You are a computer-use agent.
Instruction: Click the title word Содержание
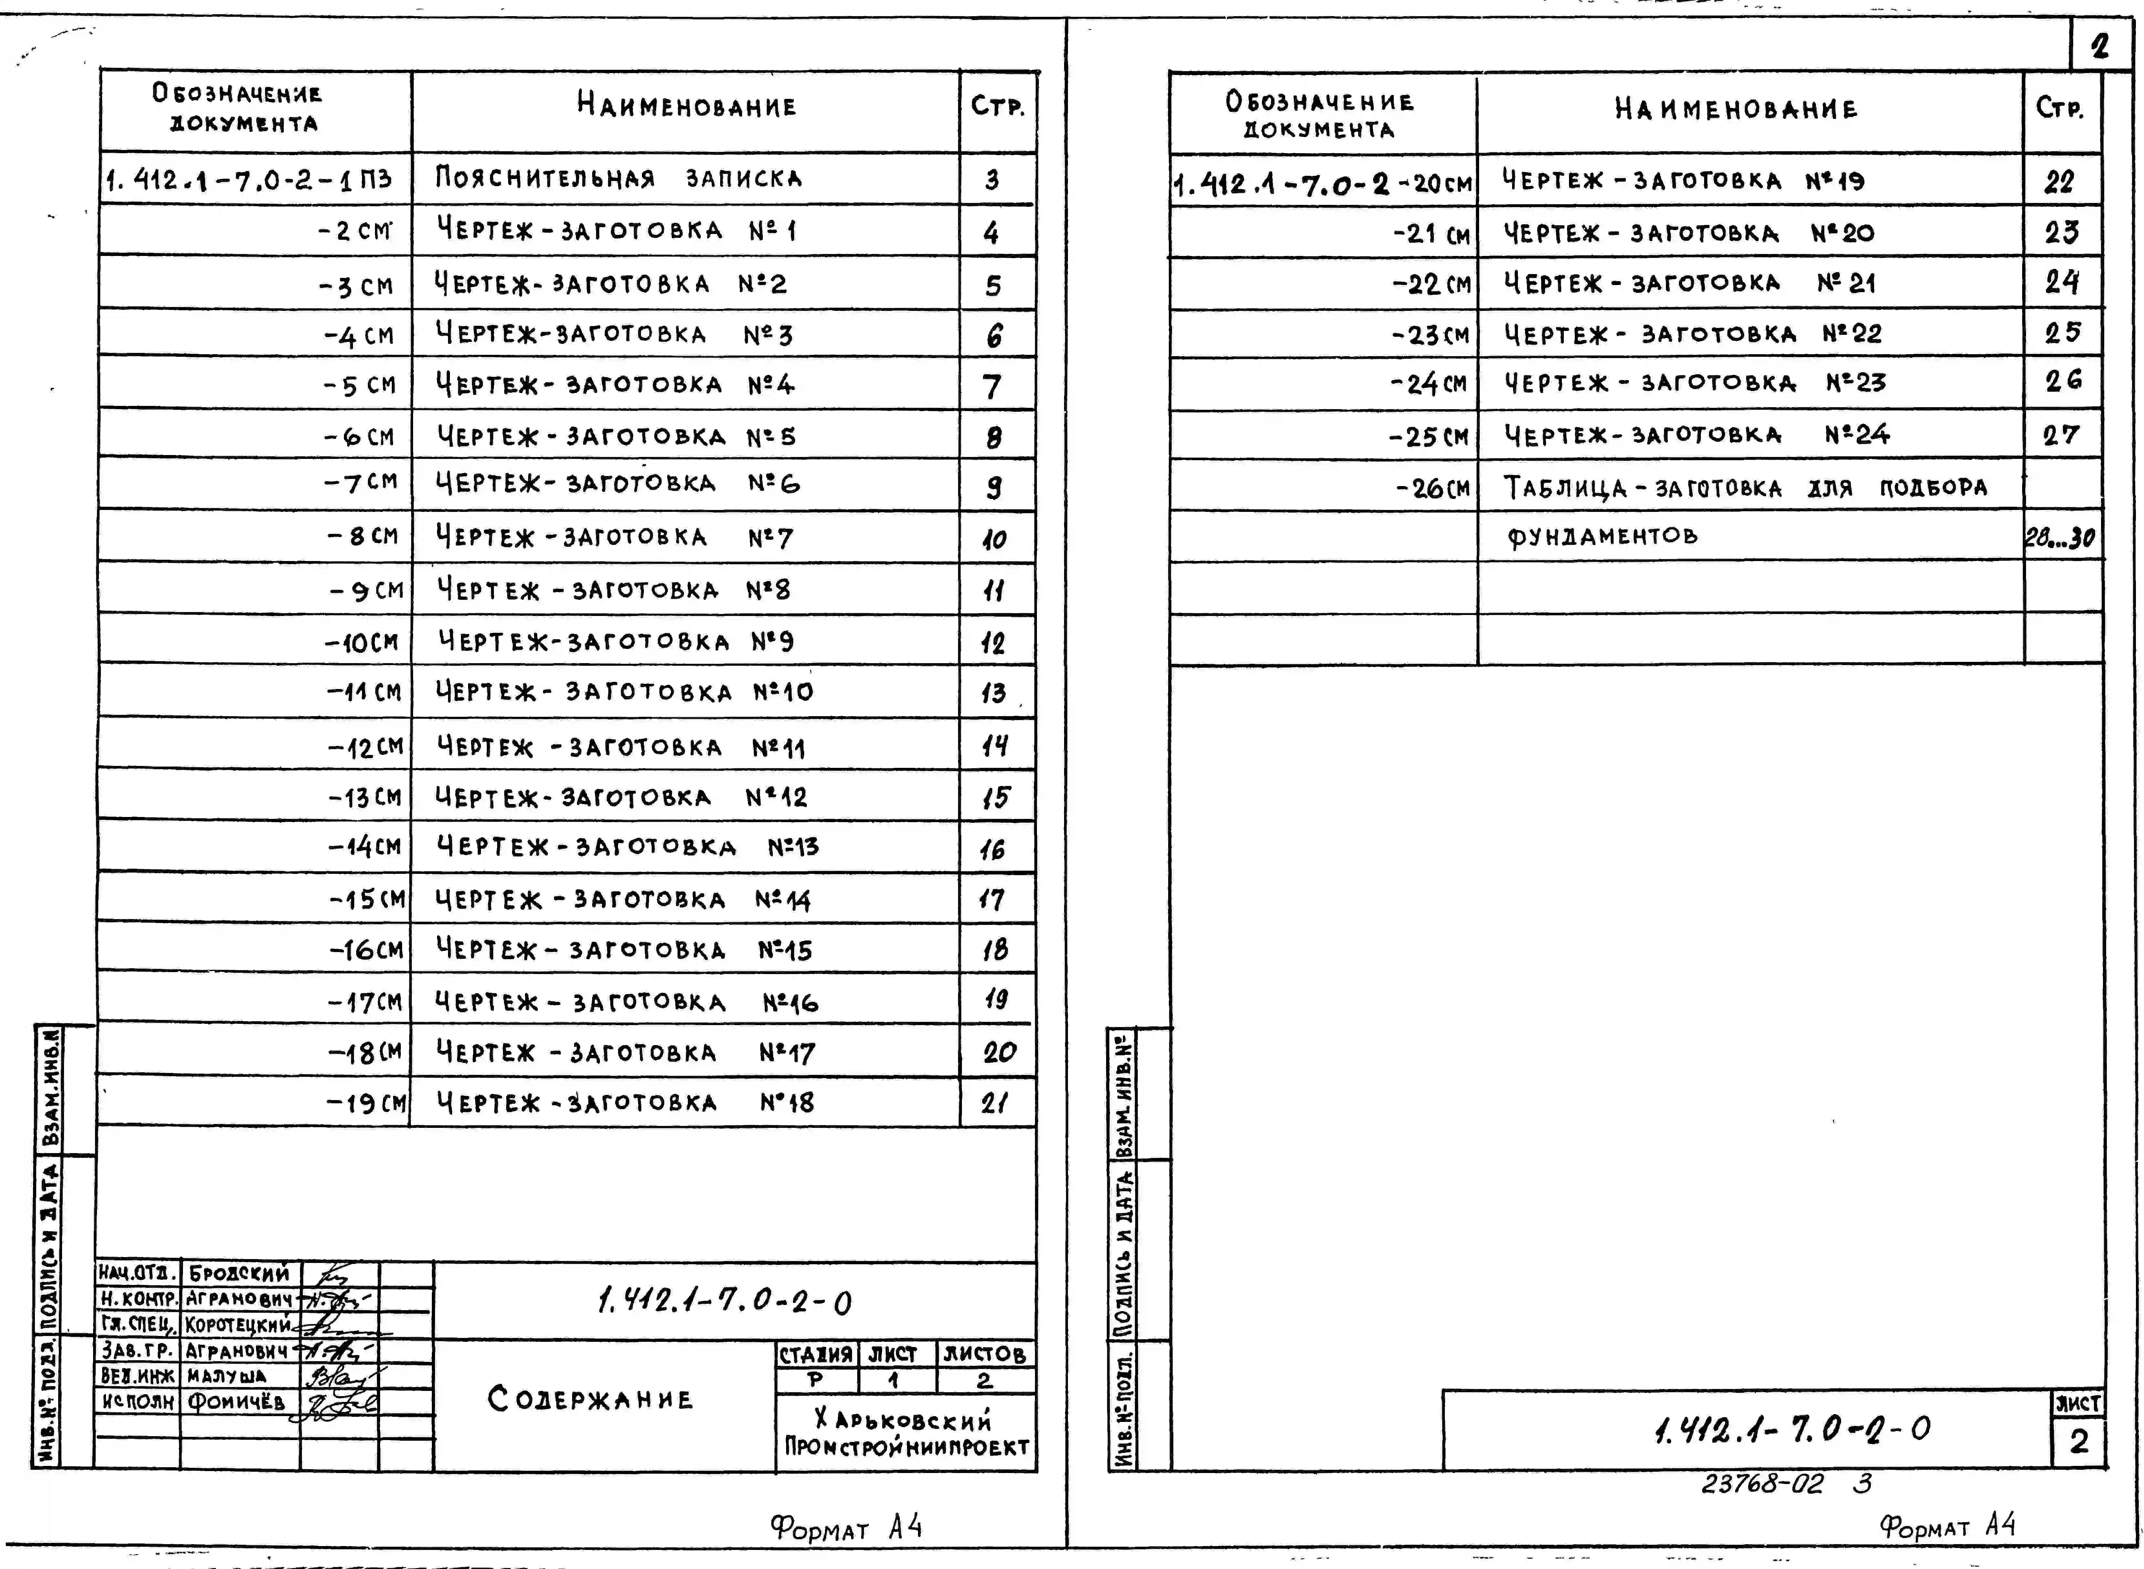(590, 1399)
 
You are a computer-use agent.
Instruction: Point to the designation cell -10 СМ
(362, 643)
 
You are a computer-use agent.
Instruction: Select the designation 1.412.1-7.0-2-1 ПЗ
(249, 179)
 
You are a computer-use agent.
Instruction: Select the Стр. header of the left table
(997, 106)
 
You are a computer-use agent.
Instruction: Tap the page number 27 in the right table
(2061, 436)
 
